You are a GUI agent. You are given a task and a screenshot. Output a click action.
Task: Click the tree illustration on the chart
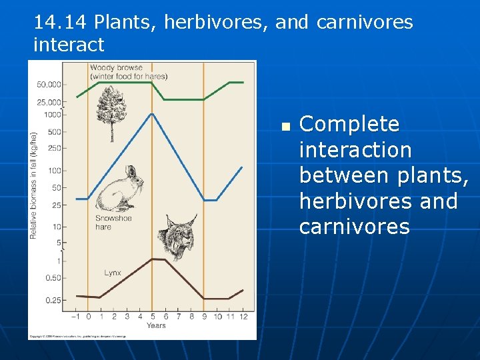[111, 113]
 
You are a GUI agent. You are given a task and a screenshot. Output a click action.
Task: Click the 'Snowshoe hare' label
[113, 223]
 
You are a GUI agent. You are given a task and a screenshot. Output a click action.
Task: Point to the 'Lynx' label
[113, 273]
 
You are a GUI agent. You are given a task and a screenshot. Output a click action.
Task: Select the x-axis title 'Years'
[156, 325]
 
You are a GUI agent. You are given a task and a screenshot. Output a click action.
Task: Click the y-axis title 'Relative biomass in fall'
[33, 185]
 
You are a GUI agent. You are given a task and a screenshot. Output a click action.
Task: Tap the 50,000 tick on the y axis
[49, 85]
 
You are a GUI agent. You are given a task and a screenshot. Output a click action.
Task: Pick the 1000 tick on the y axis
[52, 115]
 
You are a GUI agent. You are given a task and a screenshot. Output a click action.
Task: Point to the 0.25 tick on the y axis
[53, 300]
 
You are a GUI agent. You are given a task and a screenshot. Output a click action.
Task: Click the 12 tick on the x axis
[243, 317]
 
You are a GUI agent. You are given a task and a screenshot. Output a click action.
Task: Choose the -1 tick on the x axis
[76, 317]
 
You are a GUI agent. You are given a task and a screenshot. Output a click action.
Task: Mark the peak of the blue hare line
[153, 113]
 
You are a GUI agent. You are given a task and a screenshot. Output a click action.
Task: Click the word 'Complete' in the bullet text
[349, 125]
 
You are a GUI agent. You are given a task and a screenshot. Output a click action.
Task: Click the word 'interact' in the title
[69, 45]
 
